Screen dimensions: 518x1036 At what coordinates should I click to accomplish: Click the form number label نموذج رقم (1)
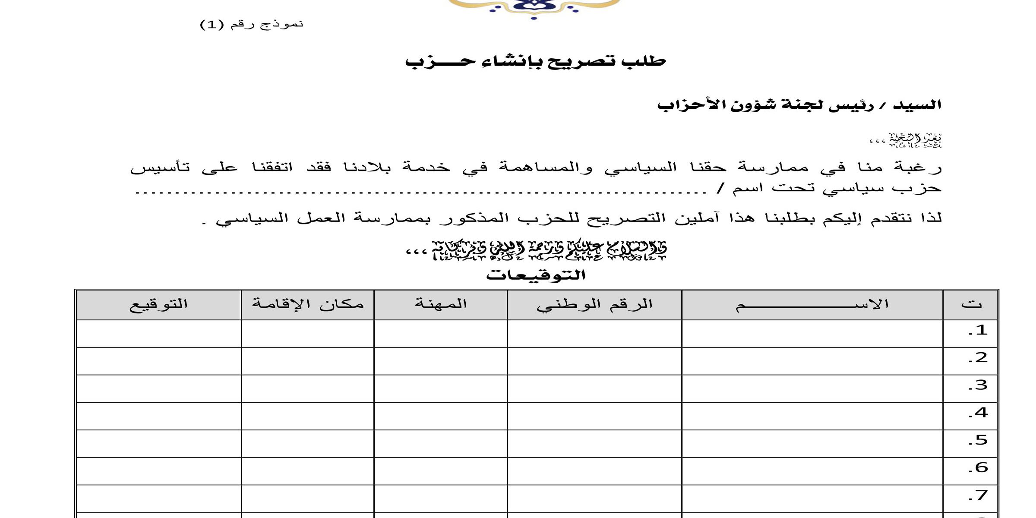[x=252, y=24]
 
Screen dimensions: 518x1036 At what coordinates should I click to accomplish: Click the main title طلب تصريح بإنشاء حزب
[x=535, y=61]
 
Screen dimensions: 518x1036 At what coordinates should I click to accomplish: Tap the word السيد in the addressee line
[x=917, y=105]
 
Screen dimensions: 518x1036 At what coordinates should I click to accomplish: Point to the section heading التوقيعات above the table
[x=536, y=275]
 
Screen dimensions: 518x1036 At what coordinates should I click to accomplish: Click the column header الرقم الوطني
[x=594, y=304]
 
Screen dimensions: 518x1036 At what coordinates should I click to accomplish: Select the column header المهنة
[x=441, y=304]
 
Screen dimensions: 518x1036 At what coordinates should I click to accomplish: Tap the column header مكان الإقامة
[x=308, y=304]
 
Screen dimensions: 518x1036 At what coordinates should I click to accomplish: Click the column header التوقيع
[x=158, y=304]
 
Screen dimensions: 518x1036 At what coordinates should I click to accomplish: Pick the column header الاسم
[x=812, y=304]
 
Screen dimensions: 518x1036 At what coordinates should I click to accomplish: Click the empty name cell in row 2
[x=812, y=361]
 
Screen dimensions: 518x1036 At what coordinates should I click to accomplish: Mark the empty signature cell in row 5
[x=158, y=443]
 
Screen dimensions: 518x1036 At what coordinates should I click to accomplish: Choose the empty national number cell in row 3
[x=594, y=388]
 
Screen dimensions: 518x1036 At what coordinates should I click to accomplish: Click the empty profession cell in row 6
[x=441, y=471]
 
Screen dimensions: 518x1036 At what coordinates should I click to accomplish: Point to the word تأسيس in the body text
[x=160, y=167]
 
